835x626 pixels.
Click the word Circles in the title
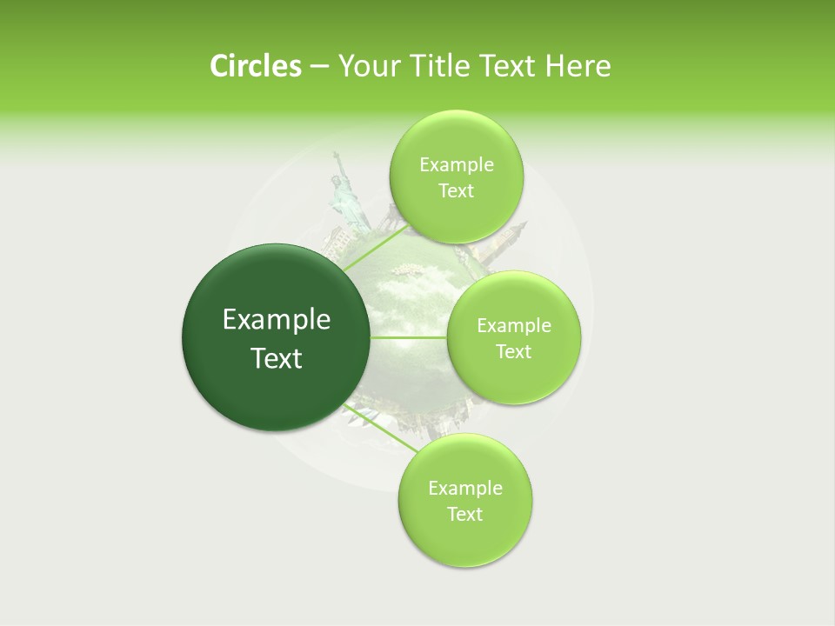coord(255,66)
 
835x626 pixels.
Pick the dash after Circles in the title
coord(319,67)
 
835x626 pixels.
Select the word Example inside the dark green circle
coord(276,320)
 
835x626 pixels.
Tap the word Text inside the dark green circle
coord(276,358)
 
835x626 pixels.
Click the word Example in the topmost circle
coord(456,165)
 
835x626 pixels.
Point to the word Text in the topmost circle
coord(456,191)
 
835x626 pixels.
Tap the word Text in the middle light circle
coord(513,352)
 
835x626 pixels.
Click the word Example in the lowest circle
coord(464,489)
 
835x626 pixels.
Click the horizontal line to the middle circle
coord(409,337)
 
